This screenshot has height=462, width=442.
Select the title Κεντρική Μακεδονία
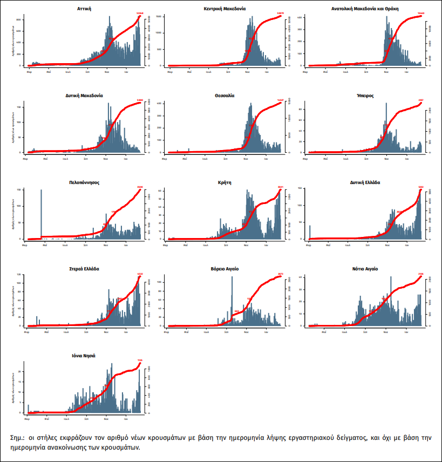(225, 9)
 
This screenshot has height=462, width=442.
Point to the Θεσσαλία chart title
(225, 96)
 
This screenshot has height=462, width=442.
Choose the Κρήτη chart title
(225, 182)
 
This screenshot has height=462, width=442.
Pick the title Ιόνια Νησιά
(84, 356)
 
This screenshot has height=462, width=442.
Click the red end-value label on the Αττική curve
(140, 13)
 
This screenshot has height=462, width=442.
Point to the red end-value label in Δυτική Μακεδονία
(140, 100)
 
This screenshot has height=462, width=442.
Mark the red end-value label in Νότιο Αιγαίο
(420, 274)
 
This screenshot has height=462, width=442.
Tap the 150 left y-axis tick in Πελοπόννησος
(19, 190)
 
